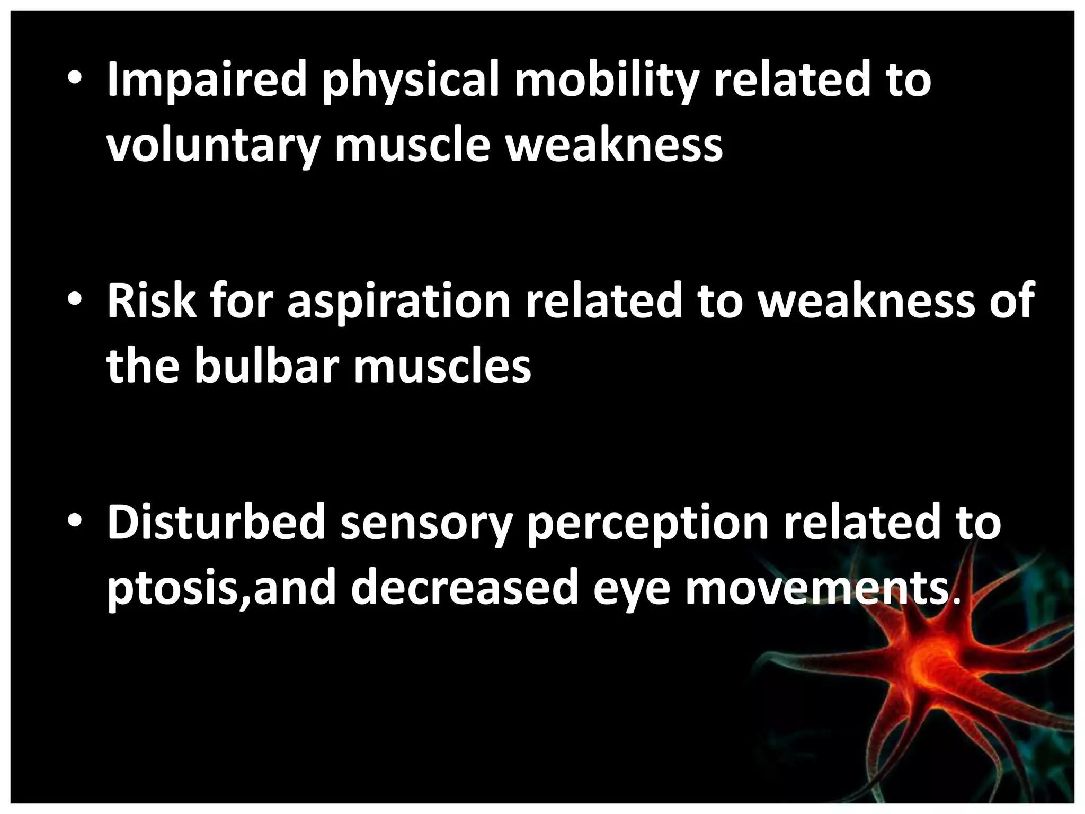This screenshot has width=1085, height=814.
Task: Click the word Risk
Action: point(152,302)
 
